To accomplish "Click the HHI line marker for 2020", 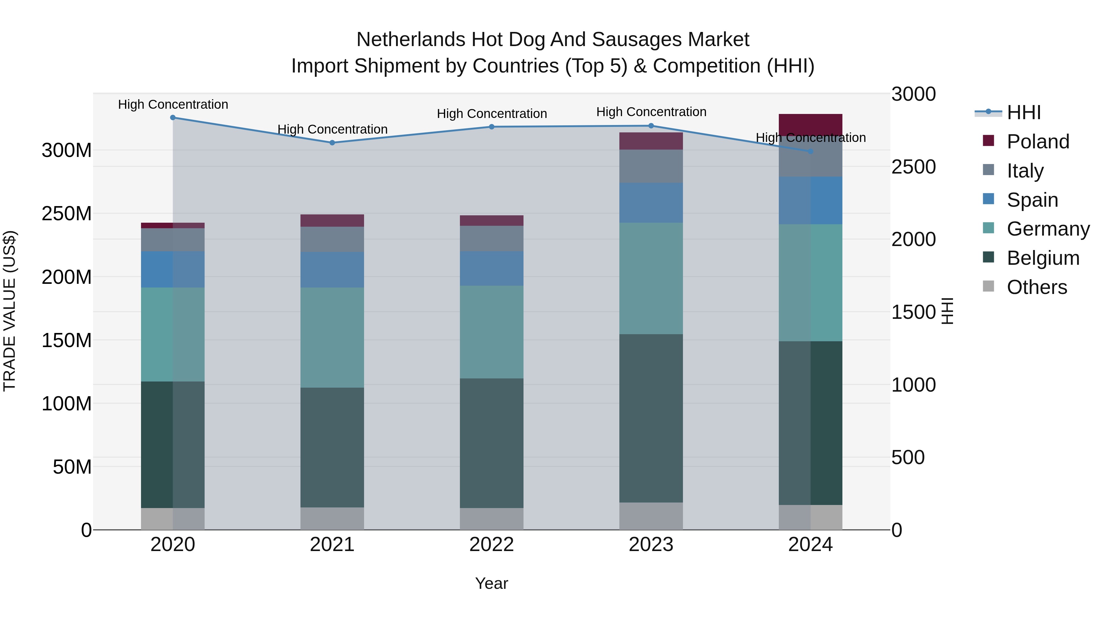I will tap(173, 117).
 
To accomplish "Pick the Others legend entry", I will tap(1037, 287).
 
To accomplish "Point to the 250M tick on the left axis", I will tap(67, 213).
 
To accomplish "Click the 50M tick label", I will tap(72, 467).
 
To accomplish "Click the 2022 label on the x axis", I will tap(491, 544).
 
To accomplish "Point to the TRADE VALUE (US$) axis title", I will tap(10, 311).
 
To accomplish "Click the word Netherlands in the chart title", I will tap(410, 40).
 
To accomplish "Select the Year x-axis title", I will tap(491, 583).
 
